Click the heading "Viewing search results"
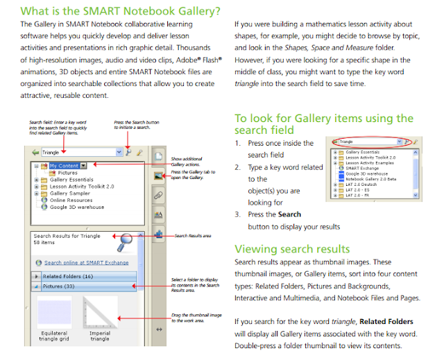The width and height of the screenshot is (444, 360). (x=291, y=249)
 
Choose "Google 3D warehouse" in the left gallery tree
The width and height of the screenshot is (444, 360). (x=77, y=207)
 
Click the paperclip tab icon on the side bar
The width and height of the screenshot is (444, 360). (x=159, y=196)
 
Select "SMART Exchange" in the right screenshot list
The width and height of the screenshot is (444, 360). (x=364, y=168)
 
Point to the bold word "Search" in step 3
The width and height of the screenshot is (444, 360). (x=289, y=215)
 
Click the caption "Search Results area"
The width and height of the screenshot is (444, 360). (x=192, y=237)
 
